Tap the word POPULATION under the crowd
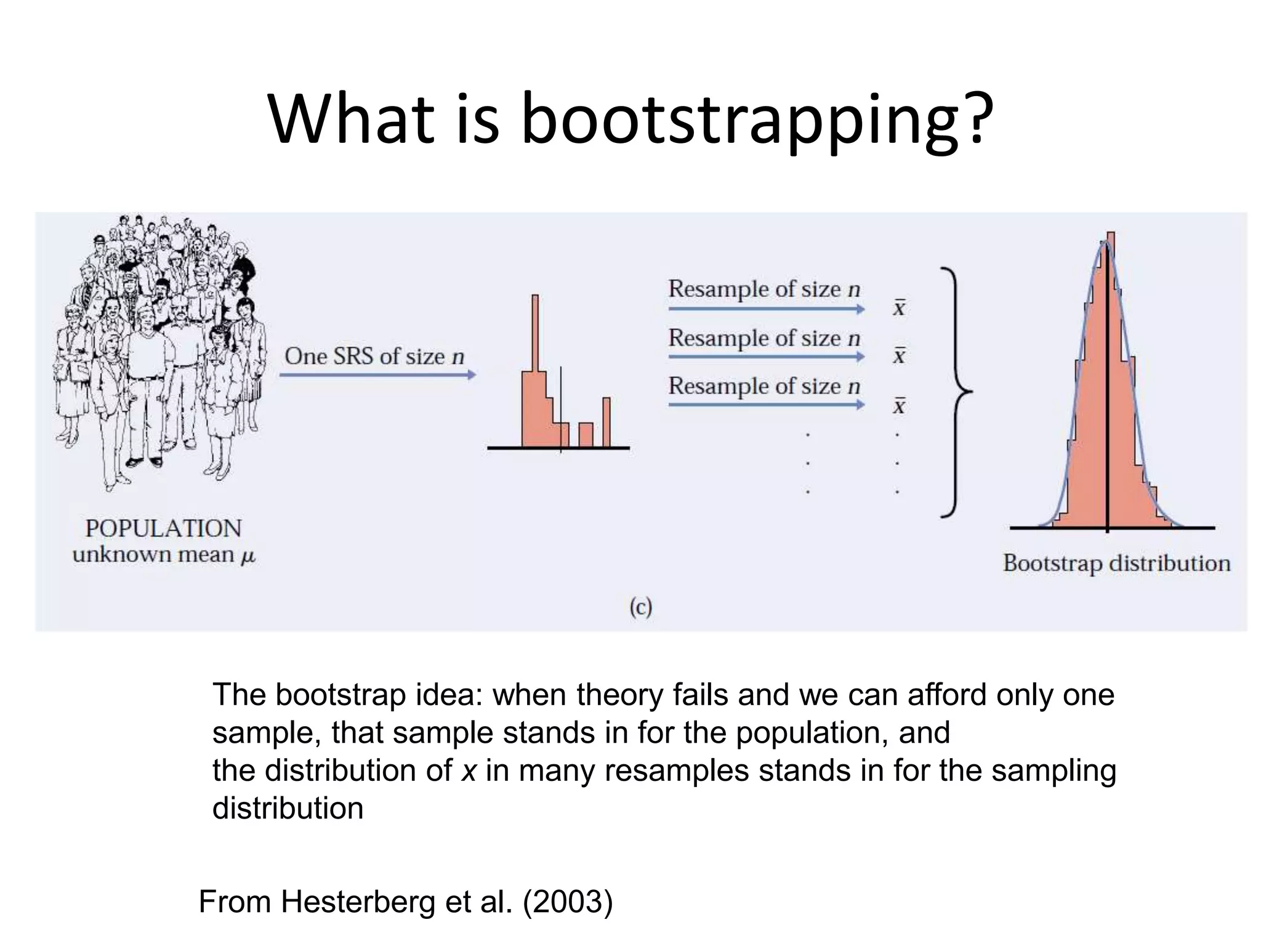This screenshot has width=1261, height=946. [x=163, y=528]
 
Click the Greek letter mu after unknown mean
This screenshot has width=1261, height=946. [x=248, y=556]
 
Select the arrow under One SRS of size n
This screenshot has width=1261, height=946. [x=377, y=374]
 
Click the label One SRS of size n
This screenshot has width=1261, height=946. [x=374, y=356]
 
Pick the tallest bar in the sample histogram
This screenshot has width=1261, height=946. [x=535, y=370]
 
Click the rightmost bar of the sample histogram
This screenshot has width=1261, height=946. [x=606, y=422]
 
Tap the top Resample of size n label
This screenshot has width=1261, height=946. [x=764, y=289]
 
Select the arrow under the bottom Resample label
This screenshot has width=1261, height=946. [x=766, y=405]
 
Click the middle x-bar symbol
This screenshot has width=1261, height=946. [x=900, y=355]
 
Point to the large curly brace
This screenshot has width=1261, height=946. [x=956, y=392]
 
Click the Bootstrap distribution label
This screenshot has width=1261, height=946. [x=1116, y=563]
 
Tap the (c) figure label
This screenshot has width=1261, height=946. [x=640, y=607]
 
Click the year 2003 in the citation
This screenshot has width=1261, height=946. [x=568, y=902]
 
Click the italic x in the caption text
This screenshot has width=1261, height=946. [x=469, y=770]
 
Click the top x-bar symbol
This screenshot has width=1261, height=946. [x=900, y=307]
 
